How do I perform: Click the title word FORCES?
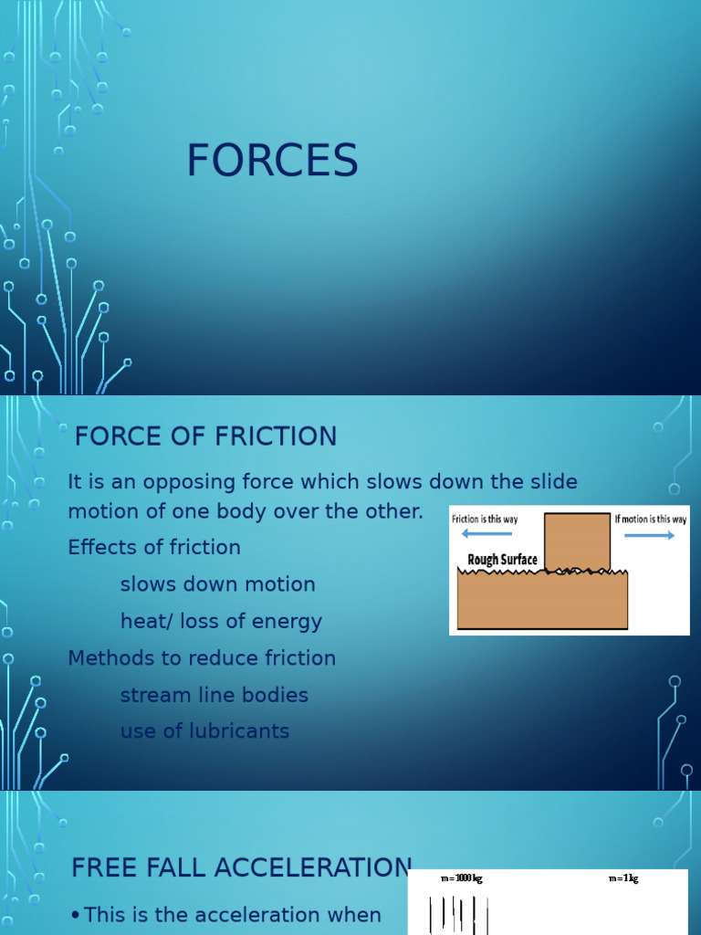272,162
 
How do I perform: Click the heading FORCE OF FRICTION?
205,436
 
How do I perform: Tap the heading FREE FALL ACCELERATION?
242,868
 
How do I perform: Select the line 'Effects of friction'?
154,548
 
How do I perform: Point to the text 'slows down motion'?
217,584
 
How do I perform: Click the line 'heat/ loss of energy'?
221,622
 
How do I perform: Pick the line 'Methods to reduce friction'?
202,658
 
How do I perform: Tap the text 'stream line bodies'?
214,695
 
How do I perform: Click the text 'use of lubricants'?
204,731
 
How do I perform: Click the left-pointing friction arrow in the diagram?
487,534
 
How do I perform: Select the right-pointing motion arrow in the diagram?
650,535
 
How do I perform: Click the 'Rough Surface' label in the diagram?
502,560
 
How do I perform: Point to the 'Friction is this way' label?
485,519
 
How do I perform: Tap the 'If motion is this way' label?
651,519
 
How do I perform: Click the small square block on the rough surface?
577,541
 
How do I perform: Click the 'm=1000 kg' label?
461,878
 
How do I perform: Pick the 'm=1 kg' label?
623,878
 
